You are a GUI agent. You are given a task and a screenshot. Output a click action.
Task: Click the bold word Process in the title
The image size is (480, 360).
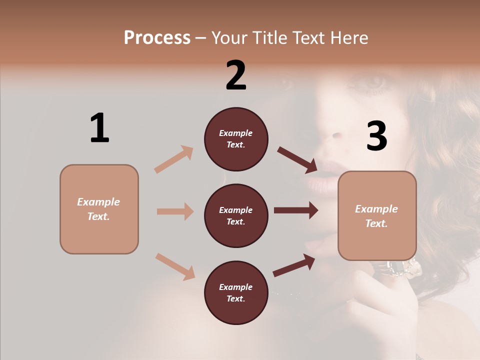coord(157,37)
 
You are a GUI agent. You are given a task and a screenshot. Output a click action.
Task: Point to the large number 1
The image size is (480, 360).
coord(99,128)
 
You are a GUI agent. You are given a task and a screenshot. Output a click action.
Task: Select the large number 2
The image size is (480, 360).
coord(236,75)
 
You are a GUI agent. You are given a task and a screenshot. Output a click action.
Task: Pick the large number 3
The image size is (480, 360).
coord(376,136)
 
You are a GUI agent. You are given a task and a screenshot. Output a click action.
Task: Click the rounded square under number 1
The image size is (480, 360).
coord(99,209)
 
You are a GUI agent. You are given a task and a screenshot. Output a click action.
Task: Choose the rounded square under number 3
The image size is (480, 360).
coord(377,216)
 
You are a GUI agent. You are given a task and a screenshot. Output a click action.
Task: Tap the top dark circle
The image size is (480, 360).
coord(236,139)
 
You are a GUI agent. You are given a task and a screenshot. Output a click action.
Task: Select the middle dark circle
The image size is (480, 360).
coord(236,215)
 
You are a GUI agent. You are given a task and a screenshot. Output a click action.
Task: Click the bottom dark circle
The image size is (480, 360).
coord(236,292)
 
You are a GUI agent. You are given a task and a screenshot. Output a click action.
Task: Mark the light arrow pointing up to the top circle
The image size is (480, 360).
coord(174,159)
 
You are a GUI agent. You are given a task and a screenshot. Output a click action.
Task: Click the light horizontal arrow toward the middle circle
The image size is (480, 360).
coord(175,211)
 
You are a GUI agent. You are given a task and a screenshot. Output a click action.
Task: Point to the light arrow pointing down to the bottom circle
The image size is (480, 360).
coord(175,266)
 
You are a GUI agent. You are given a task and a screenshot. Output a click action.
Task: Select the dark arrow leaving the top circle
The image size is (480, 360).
coord(297,159)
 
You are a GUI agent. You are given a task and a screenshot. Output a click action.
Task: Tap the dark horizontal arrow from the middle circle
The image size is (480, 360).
coord(295,210)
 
